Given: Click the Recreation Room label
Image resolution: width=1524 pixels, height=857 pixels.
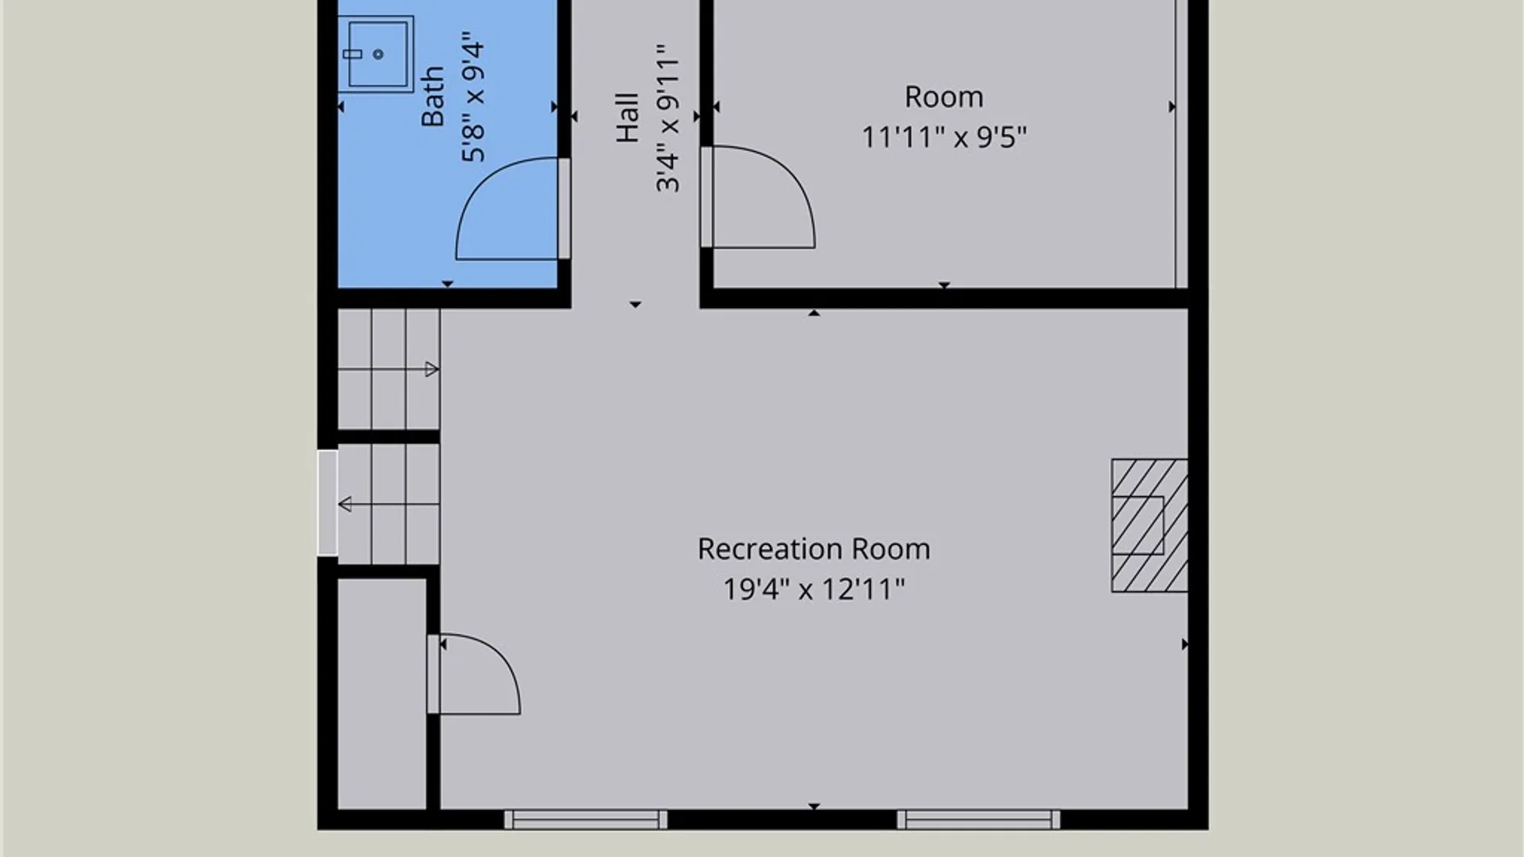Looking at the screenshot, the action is point(814,549).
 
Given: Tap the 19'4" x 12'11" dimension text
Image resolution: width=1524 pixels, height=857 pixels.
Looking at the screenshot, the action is point(814,590).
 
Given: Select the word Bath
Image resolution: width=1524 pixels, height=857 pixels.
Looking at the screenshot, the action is point(433,96).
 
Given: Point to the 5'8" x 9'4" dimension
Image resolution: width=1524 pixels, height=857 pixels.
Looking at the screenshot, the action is point(473,98).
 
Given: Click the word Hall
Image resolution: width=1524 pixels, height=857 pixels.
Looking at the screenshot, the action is point(627,117).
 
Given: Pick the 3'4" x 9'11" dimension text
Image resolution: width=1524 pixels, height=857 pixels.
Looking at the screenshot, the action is point(668,117).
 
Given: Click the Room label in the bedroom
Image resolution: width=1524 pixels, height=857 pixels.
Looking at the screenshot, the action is point(944,97).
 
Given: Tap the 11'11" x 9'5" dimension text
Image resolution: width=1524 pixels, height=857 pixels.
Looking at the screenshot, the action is point(944,137).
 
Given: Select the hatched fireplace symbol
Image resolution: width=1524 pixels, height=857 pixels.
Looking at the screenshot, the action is point(1149,525).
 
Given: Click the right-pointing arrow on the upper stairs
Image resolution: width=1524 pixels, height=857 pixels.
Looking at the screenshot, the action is point(388,369).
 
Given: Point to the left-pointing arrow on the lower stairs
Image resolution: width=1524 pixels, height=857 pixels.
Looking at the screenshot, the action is point(388,504).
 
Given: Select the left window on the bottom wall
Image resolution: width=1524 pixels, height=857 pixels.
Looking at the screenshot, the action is point(586,820).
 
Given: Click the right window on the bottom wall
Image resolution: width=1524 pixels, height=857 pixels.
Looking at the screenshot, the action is point(978,820).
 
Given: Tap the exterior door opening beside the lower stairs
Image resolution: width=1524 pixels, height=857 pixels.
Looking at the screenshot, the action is point(327,503).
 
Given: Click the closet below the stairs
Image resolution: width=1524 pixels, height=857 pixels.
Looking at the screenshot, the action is point(382,694).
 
